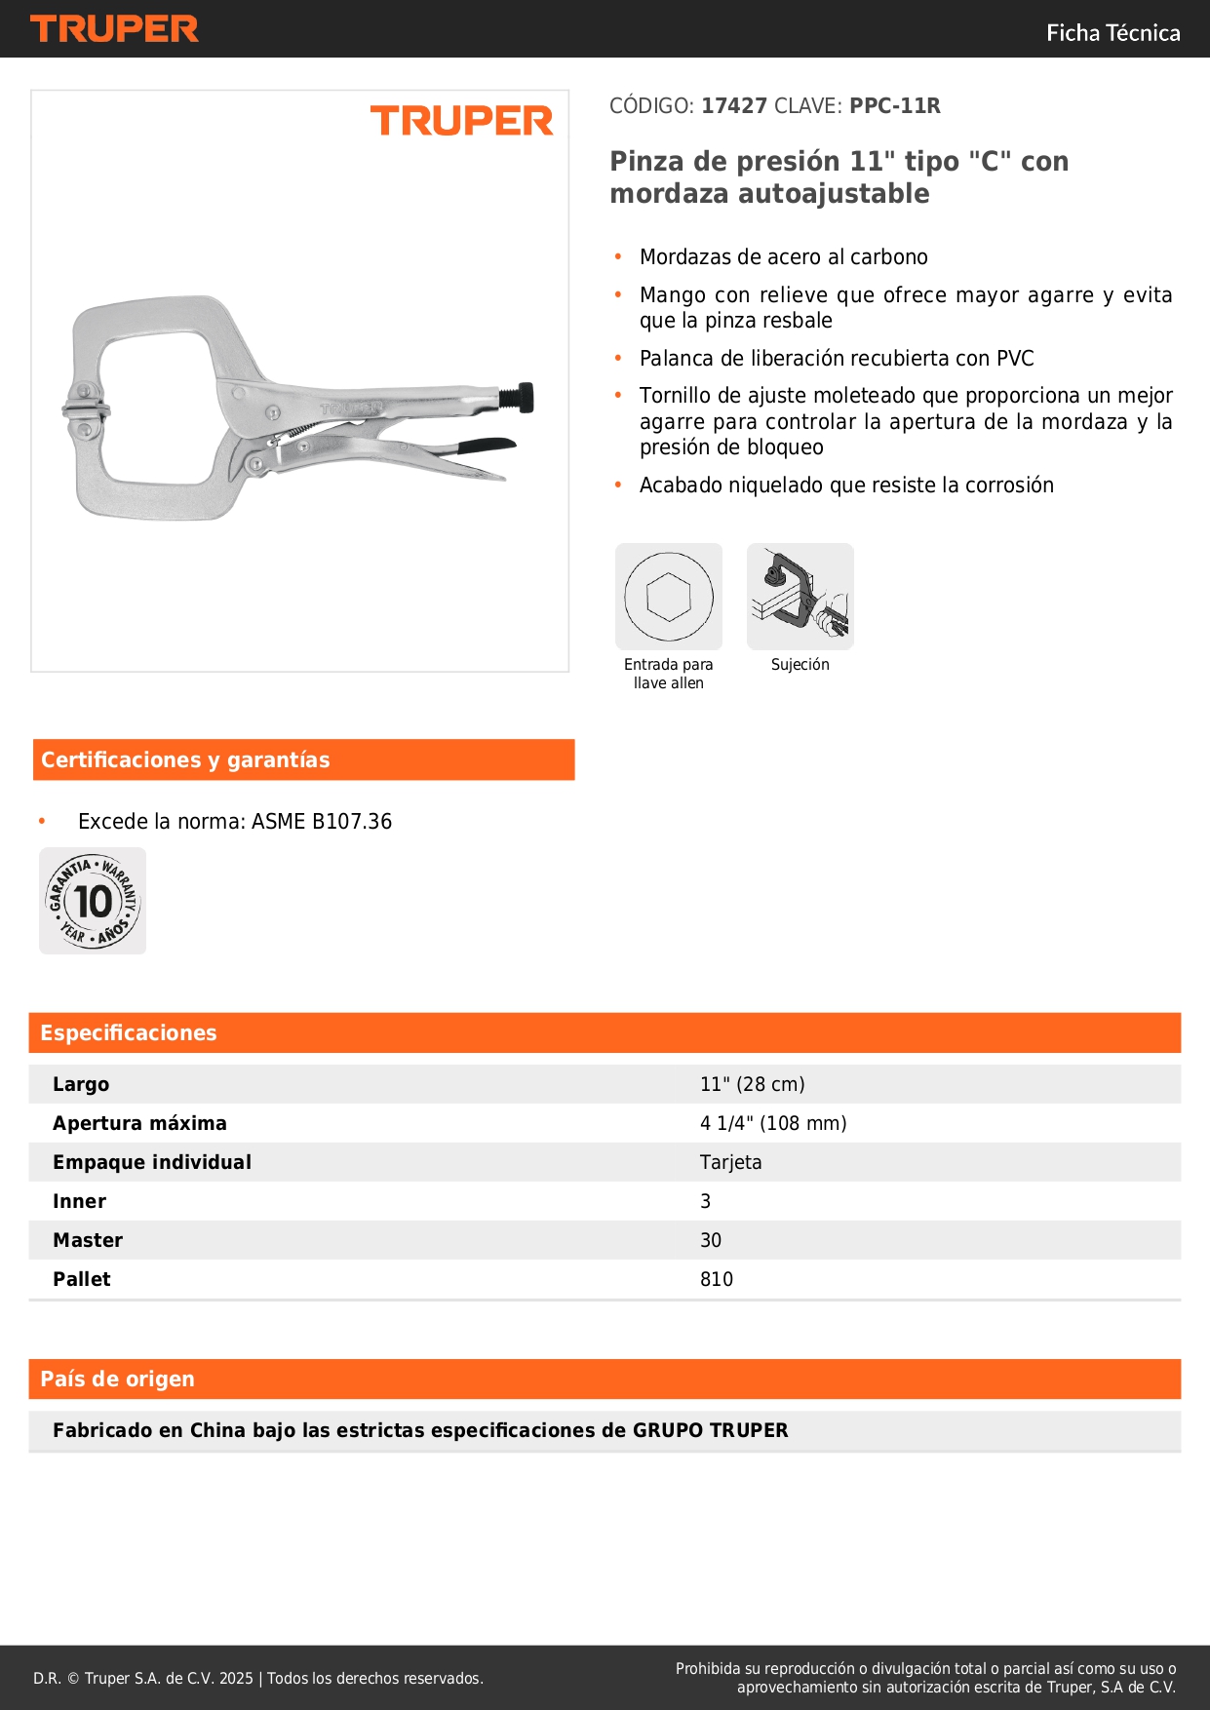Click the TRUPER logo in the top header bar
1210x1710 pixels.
pyautogui.click(x=114, y=29)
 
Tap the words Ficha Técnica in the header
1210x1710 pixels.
pyautogui.click(x=1112, y=33)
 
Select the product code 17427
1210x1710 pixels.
pyautogui.click(x=734, y=106)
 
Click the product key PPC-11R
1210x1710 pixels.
pyautogui.click(x=894, y=106)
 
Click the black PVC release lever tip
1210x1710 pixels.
pyautogui.click(x=487, y=447)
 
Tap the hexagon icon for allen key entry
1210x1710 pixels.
pyautogui.click(x=669, y=597)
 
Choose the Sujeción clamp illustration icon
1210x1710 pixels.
pyautogui.click(x=800, y=597)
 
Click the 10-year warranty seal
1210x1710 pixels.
pyautogui.click(x=93, y=901)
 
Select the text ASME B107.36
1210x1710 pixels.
pyautogui.click(x=322, y=822)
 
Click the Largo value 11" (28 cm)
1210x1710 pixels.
pyautogui.click(x=752, y=1084)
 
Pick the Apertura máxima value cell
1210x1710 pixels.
pyautogui.click(x=773, y=1123)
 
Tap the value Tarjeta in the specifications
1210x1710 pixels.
pyautogui.click(x=730, y=1162)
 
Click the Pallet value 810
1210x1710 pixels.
pyautogui.click(x=716, y=1279)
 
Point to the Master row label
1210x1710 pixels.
pyautogui.click(x=88, y=1240)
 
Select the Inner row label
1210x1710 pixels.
pyautogui.click(x=79, y=1201)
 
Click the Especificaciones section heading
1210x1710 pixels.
pyautogui.click(x=129, y=1032)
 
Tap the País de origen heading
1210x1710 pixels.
pyautogui.click(x=117, y=1379)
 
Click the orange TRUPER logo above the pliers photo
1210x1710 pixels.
pyautogui.click(x=461, y=122)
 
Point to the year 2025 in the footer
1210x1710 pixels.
pyautogui.click(x=236, y=1678)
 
